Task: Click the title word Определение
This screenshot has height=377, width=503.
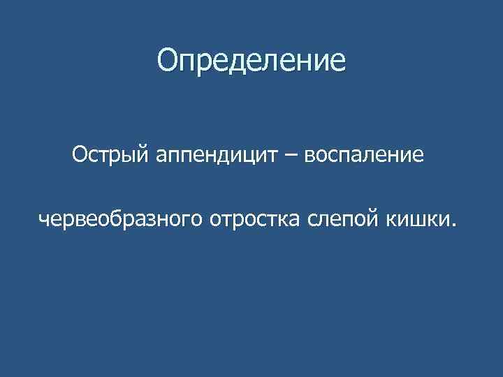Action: [251, 61]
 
